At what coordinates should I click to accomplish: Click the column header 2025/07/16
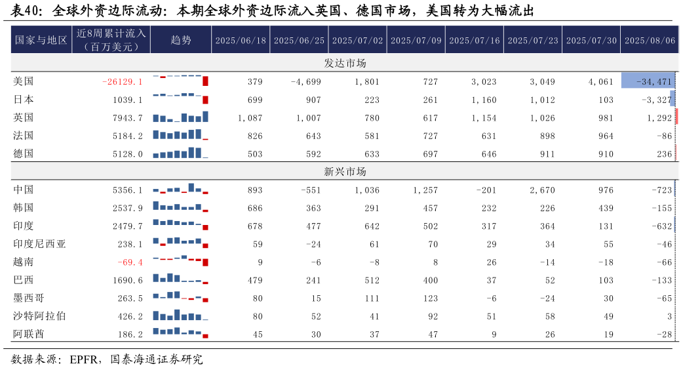coord(474,40)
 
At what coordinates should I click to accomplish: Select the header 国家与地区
coord(41,40)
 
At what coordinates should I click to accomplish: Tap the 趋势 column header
coord(181,40)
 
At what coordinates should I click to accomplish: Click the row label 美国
coord(24,81)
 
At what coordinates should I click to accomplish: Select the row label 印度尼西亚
coord(40,244)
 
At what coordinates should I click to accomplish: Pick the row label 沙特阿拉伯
coord(40,316)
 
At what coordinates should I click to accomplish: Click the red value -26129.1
coord(123,82)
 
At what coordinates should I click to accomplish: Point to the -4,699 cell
coord(305,82)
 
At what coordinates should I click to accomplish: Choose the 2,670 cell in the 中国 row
coord(540,190)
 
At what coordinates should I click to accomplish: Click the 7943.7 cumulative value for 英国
coord(128,118)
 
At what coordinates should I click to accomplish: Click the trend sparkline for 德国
coord(181,153)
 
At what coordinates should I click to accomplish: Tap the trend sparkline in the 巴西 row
coord(181,279)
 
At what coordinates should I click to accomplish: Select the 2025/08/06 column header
coord(650,40)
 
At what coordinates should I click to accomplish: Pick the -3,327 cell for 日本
coord(658,100)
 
